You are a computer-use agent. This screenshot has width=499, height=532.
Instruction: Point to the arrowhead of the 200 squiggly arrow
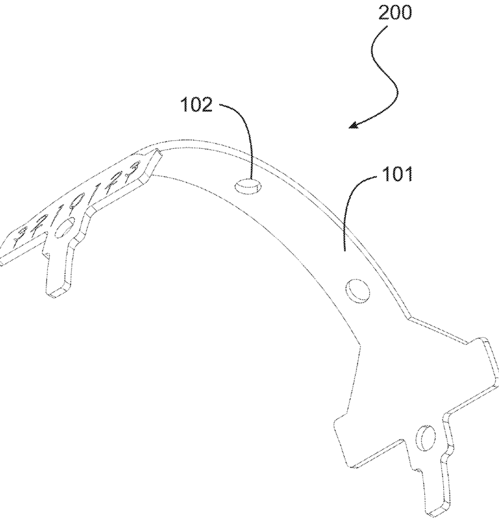click(353, 126)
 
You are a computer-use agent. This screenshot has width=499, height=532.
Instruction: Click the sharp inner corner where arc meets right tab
click(362, 345)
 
